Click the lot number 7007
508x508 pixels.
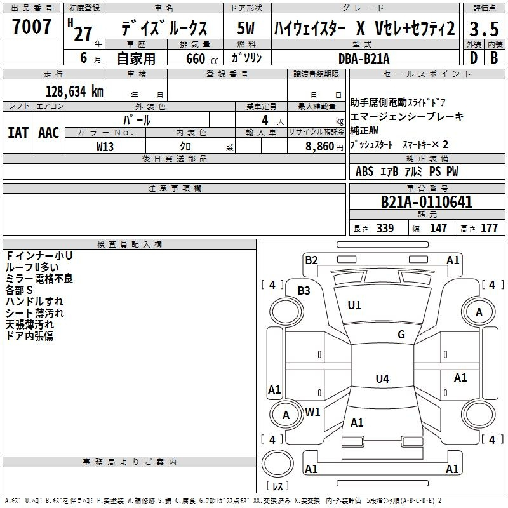pos(31,27)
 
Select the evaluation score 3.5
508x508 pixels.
pos(483,29)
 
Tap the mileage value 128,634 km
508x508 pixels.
pos(74,91)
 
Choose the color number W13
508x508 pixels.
pos(105,145)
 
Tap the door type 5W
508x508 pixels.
pos(246,29)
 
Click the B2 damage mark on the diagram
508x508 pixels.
pos(311,260)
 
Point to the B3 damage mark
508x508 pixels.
pos(304,290)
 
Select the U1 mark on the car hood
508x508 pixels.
pos(354,305)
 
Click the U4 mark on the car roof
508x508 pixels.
pos(382,379)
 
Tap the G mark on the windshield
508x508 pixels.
pos(401,335)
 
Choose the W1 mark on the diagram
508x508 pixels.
pos(312,411)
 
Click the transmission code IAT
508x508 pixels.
pos(18,132)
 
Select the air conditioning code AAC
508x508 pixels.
pos(49,132)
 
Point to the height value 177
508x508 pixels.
pos(489,228)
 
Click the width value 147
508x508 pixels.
pos(438,228)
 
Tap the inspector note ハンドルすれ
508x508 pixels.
pos(34,302)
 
